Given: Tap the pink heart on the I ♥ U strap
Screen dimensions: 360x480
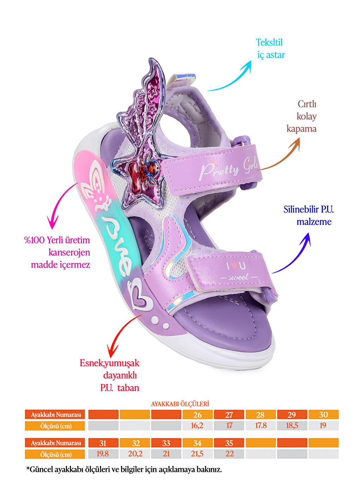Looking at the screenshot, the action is click(x=234, y=266).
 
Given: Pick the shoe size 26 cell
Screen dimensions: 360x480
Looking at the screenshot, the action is click(x=197, y=415).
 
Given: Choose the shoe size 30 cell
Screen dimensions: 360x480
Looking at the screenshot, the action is click(x=323, y=415).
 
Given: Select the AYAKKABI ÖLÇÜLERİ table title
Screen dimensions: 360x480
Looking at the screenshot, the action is click(x=180, y=404).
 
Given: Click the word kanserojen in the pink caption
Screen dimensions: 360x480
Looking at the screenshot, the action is click(x=69, y=253).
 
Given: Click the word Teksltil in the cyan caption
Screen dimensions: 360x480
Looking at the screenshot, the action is click(x=269, y=42).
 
